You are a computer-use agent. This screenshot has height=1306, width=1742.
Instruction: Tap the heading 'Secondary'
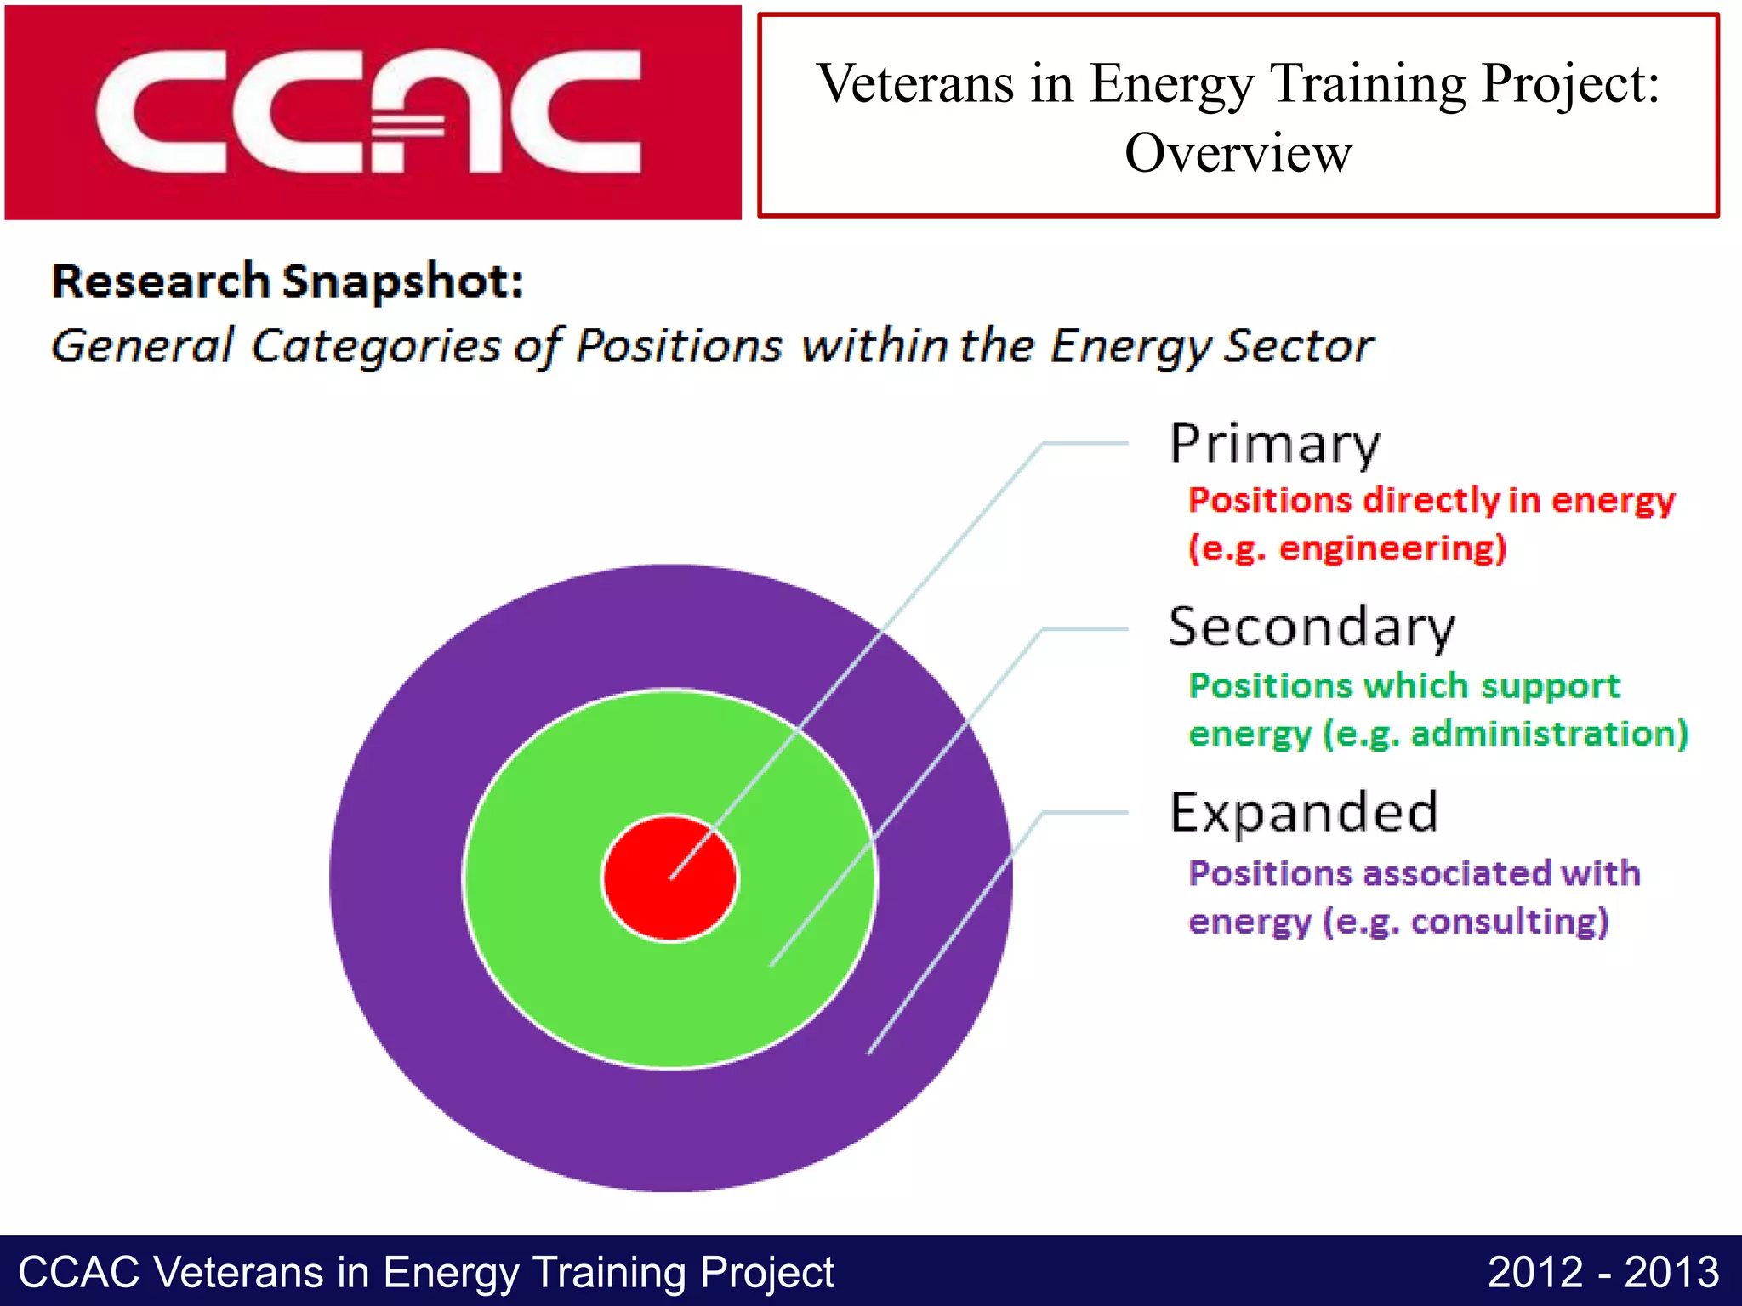click(1311, 627)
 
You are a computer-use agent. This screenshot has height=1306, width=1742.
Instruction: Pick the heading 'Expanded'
click(1303, 812)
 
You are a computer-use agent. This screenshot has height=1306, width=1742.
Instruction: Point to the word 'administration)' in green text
click(1549, 734)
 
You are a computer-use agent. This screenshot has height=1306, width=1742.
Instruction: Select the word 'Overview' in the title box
click(1238, 154)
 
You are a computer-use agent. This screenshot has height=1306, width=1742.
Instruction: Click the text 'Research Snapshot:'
click(287, 281)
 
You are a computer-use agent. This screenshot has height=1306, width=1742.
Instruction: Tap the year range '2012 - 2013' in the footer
click(1603, 1273)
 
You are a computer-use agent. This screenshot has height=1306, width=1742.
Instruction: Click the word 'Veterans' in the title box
click(915, 84)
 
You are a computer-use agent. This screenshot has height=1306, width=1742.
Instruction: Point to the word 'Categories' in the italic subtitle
click(376, 347)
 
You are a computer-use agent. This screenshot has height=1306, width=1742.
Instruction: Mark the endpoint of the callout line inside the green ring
click(771, 965)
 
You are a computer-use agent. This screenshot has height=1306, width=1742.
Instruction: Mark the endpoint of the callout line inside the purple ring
click(868, 1053)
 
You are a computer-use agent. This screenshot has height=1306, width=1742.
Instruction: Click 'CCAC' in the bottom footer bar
click(78, 1273)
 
